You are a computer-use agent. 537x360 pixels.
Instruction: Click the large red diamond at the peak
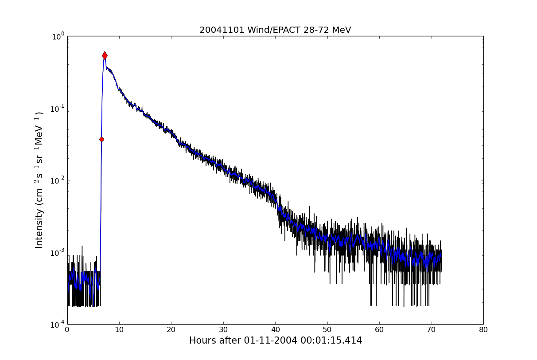105,55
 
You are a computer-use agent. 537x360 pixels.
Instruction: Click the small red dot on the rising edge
101,139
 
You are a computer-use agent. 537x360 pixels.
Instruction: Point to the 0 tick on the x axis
67,329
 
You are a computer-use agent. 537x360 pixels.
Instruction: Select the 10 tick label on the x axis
119,329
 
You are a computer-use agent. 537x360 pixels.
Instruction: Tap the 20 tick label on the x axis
171,329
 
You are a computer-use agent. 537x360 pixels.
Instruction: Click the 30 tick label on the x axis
223,329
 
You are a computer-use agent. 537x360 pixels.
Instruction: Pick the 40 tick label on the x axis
275,329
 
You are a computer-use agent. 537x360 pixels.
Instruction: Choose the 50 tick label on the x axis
327,329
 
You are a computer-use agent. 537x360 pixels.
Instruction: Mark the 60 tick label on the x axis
379,329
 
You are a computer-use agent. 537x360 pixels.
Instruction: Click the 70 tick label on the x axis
431,329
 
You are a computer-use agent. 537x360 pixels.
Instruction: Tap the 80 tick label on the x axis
483,329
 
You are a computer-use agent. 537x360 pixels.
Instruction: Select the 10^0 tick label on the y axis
58,36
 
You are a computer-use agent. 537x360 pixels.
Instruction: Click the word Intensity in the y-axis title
39,228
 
